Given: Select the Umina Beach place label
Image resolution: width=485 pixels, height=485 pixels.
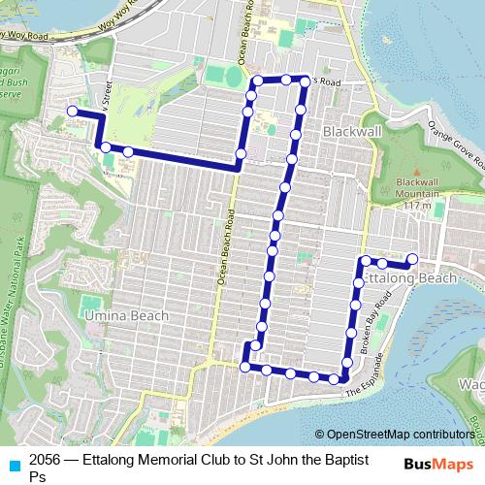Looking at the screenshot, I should click(x=125, y=315).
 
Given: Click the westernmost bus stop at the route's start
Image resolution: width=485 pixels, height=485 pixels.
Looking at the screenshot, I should click(x=72, y=112).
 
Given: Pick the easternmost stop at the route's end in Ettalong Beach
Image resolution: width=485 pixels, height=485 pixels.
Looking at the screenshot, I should click(x=412, y=258).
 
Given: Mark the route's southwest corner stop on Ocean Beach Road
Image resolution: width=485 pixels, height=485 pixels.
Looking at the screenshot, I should click(x=244, y=366).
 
